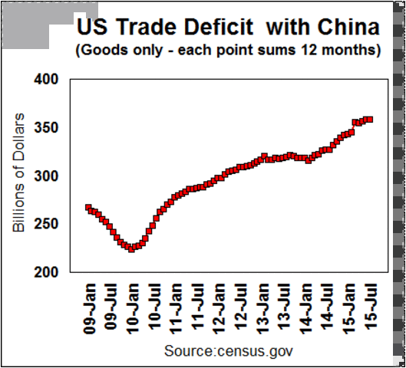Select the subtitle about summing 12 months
pyautogui.click(x=227, y=51)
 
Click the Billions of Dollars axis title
pyautogui.click(x=21, y=176)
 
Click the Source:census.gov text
pyautogui.click(x=228, y=350)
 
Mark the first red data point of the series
pyautogui.click(x=88, y=208)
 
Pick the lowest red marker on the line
pyautogui.click(x=131, y=249)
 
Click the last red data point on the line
pyautogui.click(x=370, y=119)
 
